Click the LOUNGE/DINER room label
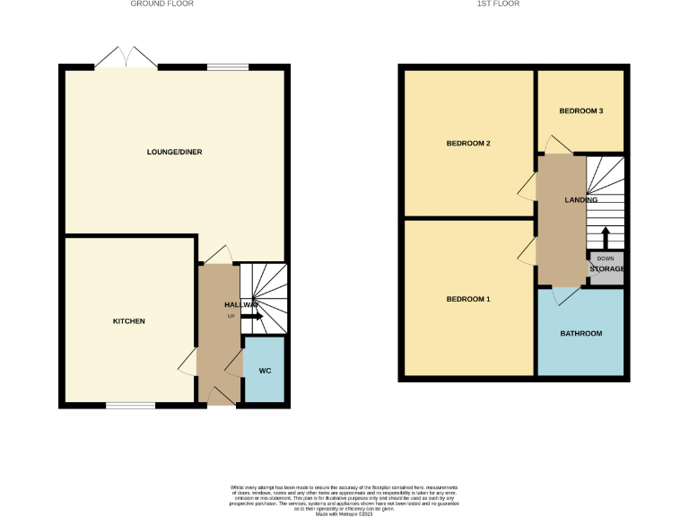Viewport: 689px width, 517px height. (174, 153)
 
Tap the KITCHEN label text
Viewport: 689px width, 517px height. (128, 321)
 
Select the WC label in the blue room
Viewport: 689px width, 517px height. (265, 370)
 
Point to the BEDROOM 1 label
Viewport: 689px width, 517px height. (468, 299)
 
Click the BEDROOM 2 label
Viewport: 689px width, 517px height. (468, 144)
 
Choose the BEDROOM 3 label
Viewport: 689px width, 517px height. (580, 111)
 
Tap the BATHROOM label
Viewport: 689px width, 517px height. (580, 333)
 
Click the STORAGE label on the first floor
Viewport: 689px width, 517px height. (606, 268)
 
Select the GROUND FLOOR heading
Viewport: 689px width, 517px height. (161, 4)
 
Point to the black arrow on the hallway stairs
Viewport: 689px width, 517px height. (252, 316)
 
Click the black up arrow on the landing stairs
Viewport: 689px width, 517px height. (606, 237)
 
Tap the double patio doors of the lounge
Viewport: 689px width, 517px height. (126, 57)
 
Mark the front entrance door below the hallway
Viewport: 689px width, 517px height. (220, 398)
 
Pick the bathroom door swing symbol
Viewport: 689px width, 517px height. (563, 295)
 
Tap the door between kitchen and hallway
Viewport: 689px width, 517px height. (188, 362)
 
